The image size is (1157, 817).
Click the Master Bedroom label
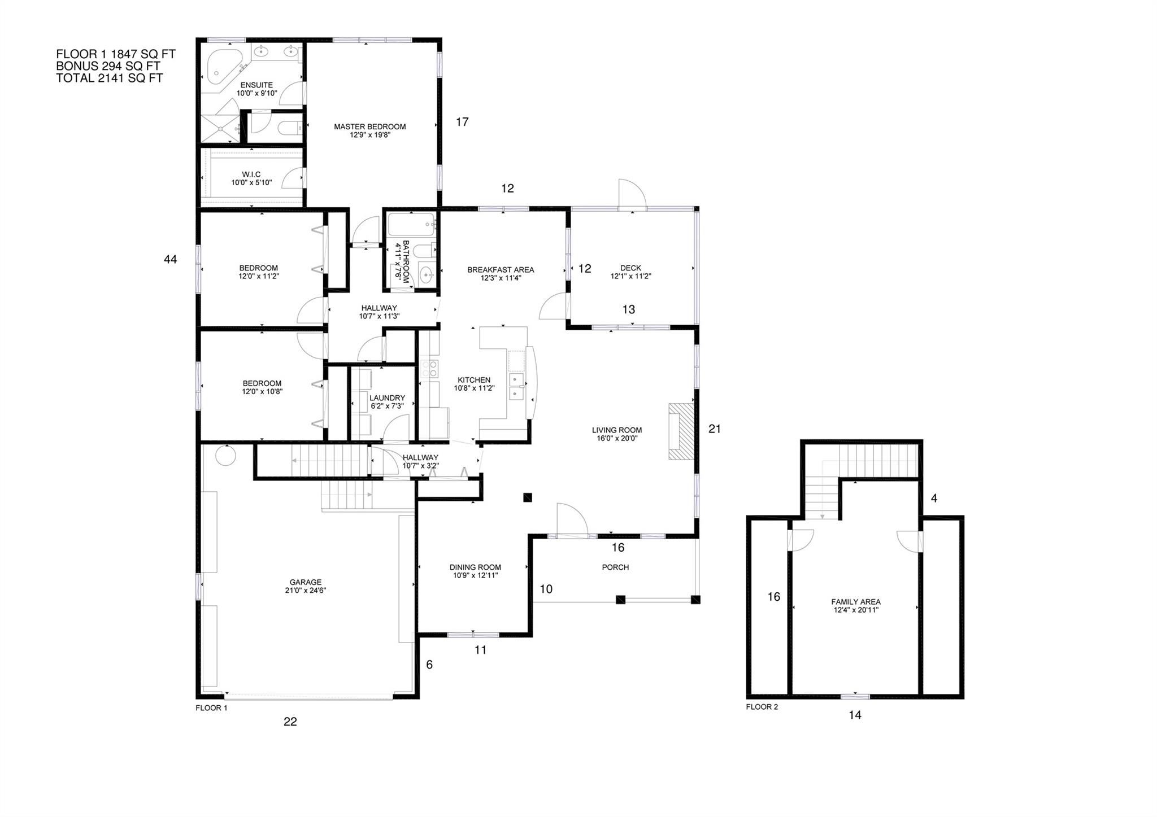pyautogui.click(x=369, y=126)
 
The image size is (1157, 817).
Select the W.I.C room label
pyautogui.click(x=251, y=174)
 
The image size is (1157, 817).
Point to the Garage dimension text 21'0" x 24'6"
pyautogui.click(x=306, y=591)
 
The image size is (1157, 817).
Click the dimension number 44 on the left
pyautogui.click(x=170, y=259)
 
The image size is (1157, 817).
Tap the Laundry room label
pyautogui.click(x=387, y=397)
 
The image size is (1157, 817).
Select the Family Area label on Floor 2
pyautogui.click(x=855, y=602)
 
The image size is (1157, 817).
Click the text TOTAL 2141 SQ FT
pyautogui.click(x=109, y=78)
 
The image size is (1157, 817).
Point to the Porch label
pyautogui.click(x=615, y=567)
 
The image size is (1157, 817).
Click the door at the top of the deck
pyautogui.click(x=632, y=195)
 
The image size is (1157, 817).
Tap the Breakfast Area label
pyautogui.click(x=500, y=269)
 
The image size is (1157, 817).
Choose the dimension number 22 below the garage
pyautogui.click(x=290, y=722)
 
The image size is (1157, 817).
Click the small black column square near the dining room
pyautogui.click(x=528, y=497)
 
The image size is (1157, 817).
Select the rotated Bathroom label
pyautogui.click(x=402, y=261)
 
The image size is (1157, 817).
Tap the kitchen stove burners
pyautogui.click(x=430, y=369)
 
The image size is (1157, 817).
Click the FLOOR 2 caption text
pyautogui.click(x=762, y=707)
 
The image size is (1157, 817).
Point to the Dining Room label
pyautogui.click(x=475, y=567)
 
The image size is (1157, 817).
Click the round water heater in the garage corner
pyautogui.click(x=226, y=455)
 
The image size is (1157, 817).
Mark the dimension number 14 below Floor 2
pyautogui.click(x=855, y=715)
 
